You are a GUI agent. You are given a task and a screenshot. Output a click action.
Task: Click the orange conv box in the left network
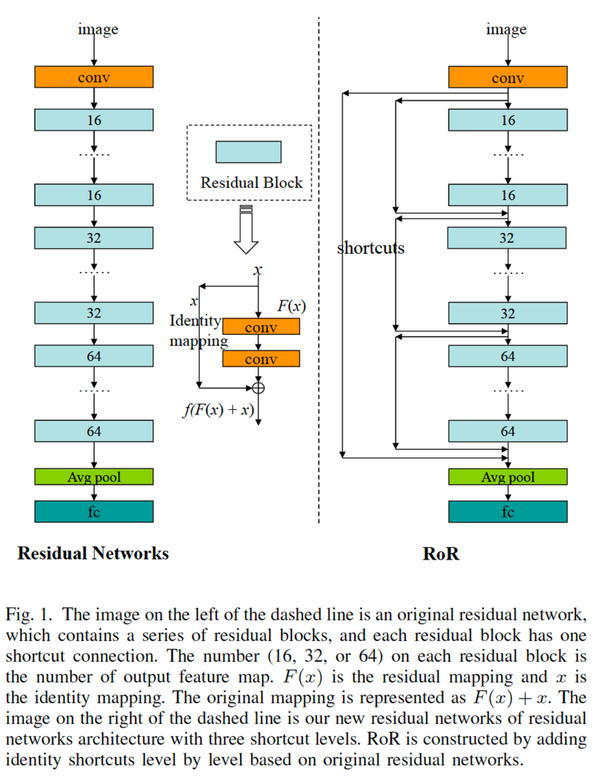(94, 77)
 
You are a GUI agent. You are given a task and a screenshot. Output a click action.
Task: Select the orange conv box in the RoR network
(508, 77)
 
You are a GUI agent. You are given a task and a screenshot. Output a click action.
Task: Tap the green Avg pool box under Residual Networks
(94, 477)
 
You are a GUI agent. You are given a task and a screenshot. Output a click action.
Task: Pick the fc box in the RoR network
(508, 511)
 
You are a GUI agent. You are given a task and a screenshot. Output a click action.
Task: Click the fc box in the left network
(94, 511)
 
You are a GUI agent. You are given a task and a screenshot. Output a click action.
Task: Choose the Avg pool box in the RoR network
(508, 477)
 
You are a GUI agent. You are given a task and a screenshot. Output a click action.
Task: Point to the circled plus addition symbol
(259, 388)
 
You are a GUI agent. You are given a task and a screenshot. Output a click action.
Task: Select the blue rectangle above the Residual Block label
(249, 152)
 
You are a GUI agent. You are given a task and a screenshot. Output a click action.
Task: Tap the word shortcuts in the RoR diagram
(371, 248)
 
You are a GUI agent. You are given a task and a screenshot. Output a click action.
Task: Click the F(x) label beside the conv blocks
(292, 306)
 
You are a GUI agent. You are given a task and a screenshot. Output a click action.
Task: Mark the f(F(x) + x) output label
(219, 409)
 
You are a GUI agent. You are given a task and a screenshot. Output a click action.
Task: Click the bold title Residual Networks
(93, 553)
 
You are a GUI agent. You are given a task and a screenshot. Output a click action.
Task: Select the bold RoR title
(441, 554)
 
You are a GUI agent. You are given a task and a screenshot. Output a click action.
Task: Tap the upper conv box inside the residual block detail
(261, 326)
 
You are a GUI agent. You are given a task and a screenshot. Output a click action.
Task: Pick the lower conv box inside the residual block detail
(261, 359)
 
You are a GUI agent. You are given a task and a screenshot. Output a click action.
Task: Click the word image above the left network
(98, 29)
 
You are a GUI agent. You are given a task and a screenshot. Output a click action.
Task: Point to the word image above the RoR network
(506, 29)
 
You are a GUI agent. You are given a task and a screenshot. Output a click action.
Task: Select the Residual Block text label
(251, 183)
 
